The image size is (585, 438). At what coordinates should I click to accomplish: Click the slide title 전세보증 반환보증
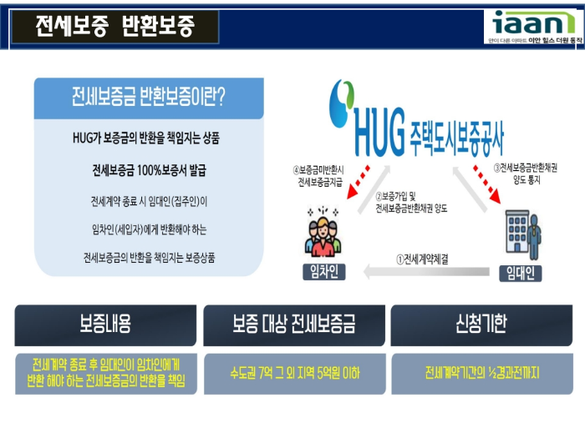point(115,27)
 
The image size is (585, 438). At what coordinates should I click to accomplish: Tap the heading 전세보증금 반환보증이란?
point(149,98)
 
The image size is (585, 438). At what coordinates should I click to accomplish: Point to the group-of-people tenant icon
point(324,234)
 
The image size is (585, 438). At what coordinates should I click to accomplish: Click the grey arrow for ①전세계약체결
point(426,270)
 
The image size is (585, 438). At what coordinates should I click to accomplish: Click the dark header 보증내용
point(105,325)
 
